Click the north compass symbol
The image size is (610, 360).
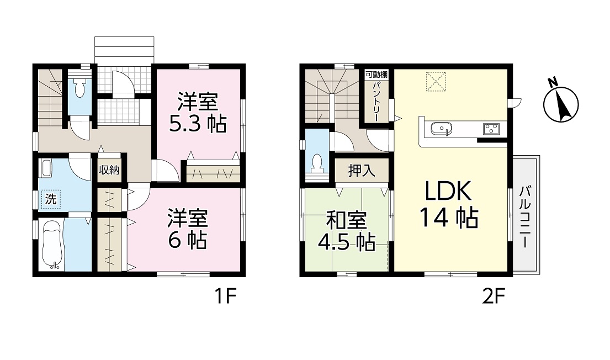click(x=561, y=103)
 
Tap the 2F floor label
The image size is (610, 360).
click(x=493, y=298)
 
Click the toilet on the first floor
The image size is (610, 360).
click(x=79, y=88)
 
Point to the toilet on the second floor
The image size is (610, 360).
click(x=317, y=163)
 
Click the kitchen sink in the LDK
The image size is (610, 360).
click(x=442, y=129)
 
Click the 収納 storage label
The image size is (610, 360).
click(x=109, y=170)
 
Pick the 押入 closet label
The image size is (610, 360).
click(x=362, y=171)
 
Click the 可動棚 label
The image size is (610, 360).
click(x=376, y=75)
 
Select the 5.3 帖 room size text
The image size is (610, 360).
click(x=198, y=124)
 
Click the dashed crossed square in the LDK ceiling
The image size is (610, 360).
click(x=436, y=81)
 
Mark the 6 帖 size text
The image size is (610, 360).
click(x=187, y=240)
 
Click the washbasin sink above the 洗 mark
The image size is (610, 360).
click(x=45, y=168)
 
